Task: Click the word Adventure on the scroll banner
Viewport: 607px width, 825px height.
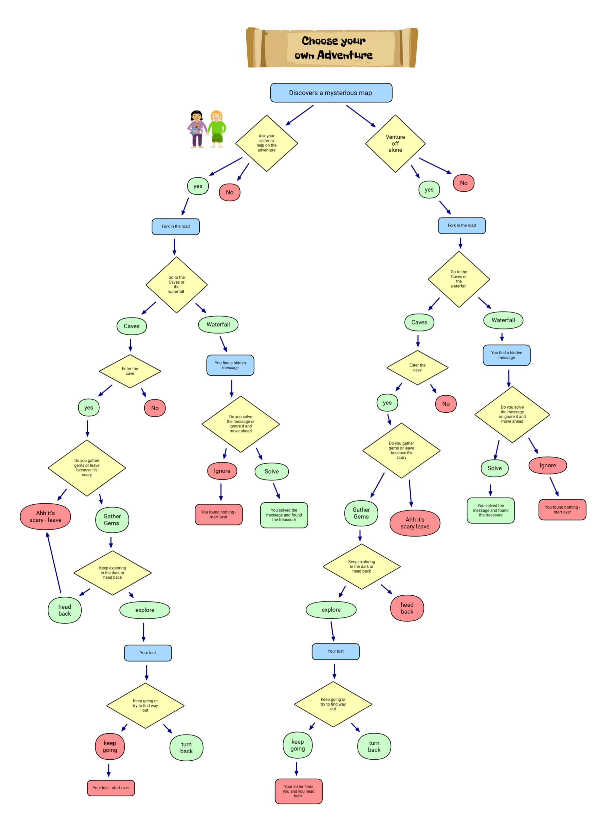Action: point(345,55)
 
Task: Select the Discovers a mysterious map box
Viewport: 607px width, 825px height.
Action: point(331,93)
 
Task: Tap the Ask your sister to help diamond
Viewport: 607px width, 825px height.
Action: point(266,143)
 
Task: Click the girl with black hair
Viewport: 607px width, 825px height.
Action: point(197,129)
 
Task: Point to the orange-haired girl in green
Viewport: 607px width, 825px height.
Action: point(217,129)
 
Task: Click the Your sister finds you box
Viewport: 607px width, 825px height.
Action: point(298,791)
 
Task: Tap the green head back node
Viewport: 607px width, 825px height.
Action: point(65,610)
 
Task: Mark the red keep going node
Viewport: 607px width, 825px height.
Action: point(110,746)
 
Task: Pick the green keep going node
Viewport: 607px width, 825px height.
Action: point(298,745)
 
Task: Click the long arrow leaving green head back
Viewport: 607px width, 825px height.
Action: point(54,562)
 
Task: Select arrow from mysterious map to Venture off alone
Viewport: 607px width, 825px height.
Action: point(361,116)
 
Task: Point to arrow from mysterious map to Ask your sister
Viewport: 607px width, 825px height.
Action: point(300,115)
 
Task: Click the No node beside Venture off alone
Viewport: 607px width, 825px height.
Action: point(464,183)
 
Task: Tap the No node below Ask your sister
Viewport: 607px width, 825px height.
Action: point(230,192)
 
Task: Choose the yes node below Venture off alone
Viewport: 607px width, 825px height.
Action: point(429,190)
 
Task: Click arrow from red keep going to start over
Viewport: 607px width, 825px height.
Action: point(109,770)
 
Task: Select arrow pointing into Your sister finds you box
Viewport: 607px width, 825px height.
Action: point(297,769)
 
